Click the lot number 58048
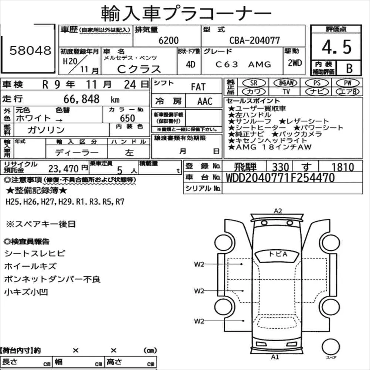[x=30, y=50]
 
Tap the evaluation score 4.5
[x=336, y=47]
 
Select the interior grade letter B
[x=349, y=68]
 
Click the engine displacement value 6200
[x=168, y=40]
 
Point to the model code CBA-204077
[x=255, y=40]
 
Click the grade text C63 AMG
[x=243, y=64]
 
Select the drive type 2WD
[x=295, y=63]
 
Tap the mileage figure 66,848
[x=81, y=99]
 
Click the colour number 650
[x=127, y=118]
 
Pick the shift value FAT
[x=198, y=87]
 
